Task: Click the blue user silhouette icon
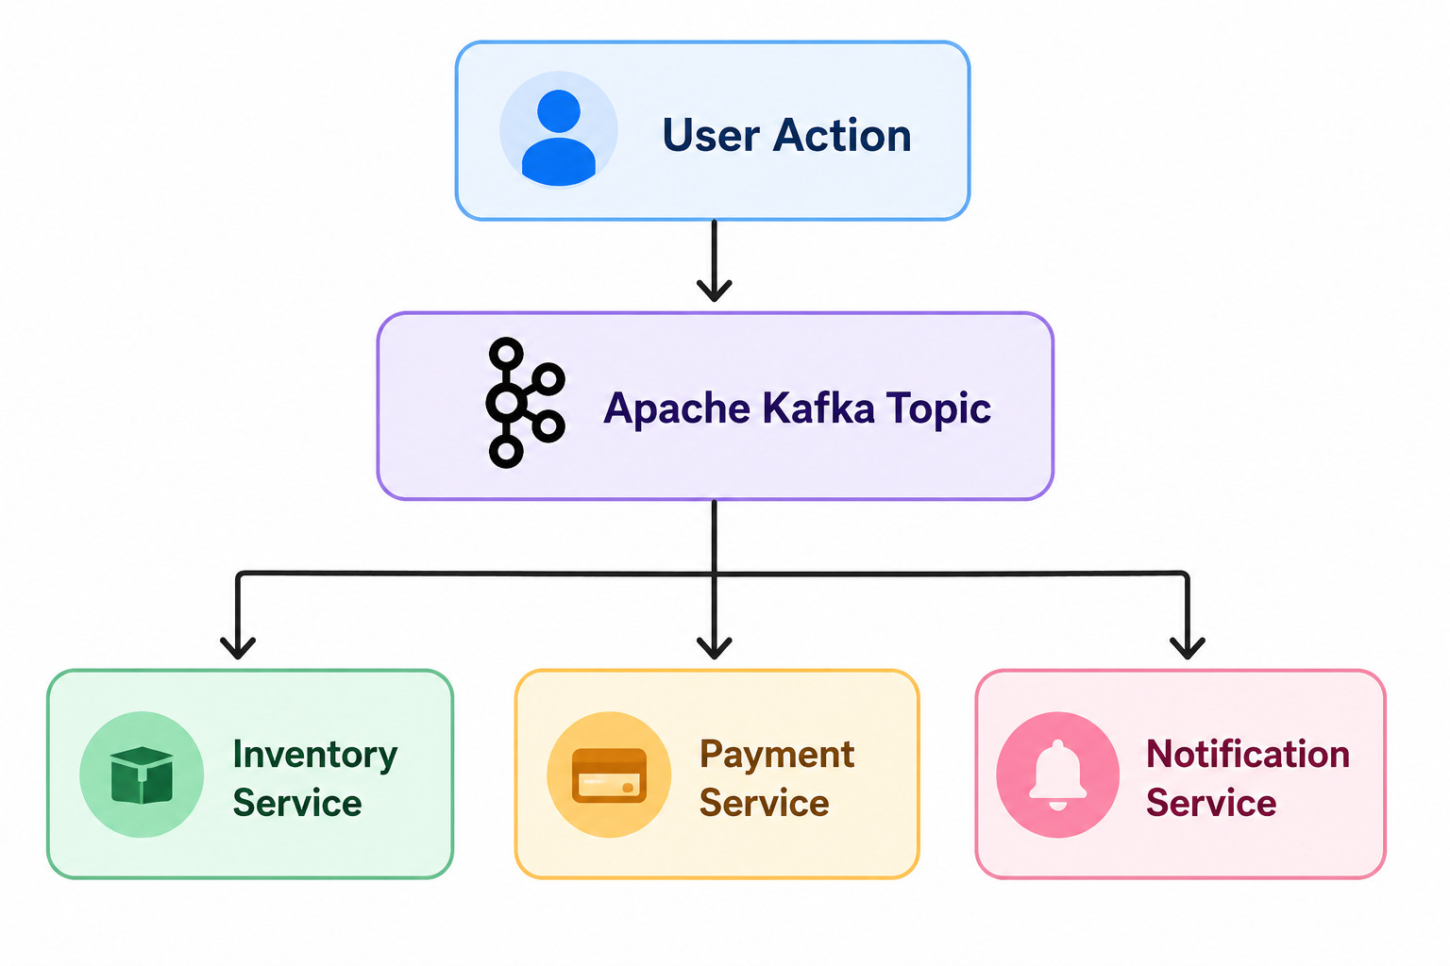(x=559, y=137)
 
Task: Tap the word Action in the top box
(x=842, y=135)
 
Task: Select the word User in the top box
(x=710, y=135)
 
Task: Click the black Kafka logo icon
(x=525, y=403)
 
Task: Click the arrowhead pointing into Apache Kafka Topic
(x=714, y=291)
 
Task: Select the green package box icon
(x=142, y=775)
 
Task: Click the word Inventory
(x=315, y=756)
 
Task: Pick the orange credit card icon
(x=609, y=775)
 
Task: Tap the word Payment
(x=777, y=756)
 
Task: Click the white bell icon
(x=1057, y=775)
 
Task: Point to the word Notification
(x=1248, y=754)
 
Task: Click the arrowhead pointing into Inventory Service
(x=238, y=648)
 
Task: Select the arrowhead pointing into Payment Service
(x=714, y=648)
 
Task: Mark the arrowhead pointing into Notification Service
(x=1188, y=648)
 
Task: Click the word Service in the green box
(x=297, y=803)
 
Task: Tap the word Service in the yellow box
(x=765, y=803)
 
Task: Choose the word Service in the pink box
(x=1211, y=803)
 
